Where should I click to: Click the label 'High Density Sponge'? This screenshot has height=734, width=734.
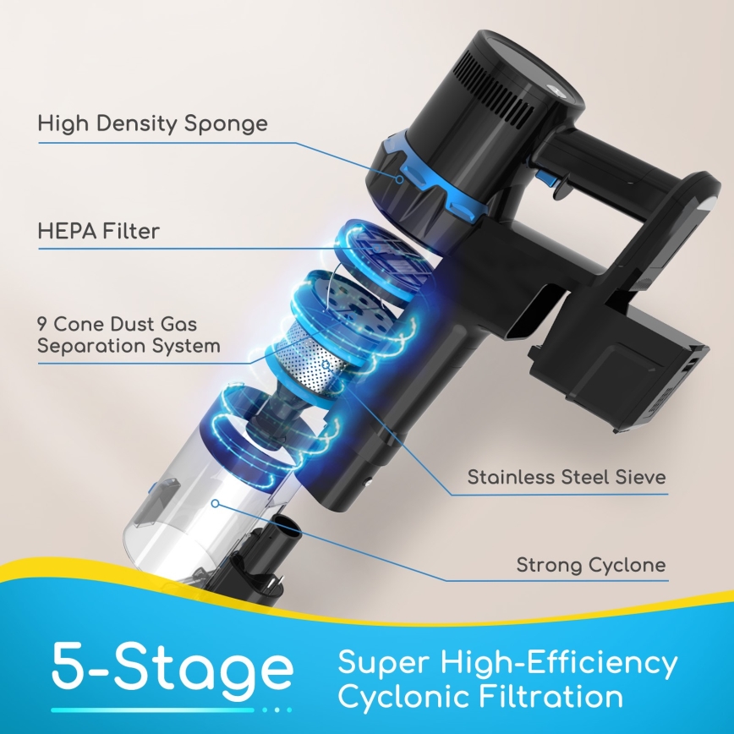pyautogui.click(x=152, y=123)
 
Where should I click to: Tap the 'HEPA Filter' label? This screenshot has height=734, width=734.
pyautogui.click(x=98, y=231)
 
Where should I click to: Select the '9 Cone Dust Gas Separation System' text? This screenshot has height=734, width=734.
pyautogui.click(x=129, y=335)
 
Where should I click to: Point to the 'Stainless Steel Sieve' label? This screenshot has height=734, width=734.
pyautogui.click(x=567, y=477)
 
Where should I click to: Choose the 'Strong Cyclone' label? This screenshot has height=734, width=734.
pyautogui.click(x=591, y=565)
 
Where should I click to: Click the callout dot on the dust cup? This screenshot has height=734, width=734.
pyautogui.click(x=216, y=503)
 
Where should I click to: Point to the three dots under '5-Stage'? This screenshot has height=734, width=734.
pyautogui.click(x=277, y=709)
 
